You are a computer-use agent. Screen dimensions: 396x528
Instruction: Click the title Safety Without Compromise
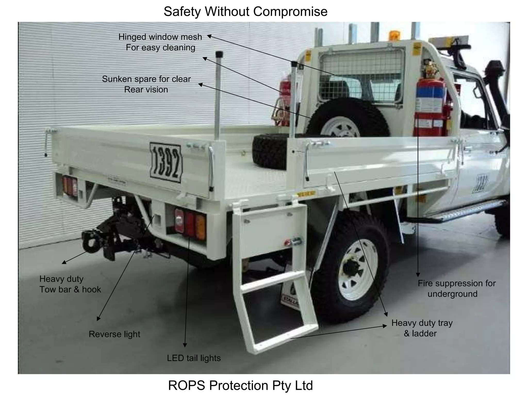pyautogui.click(x=245, y=12)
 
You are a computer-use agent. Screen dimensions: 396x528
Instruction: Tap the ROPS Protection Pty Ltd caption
pyautogui.click(x=240, y=385)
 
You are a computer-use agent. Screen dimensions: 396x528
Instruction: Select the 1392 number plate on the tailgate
pyautogui.click(x=166, y=162)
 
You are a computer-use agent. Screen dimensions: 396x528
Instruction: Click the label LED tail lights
pyautogui.click(x=194, y=358)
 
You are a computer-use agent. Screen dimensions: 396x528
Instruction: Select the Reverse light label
pyautogui.click(x=114, y=334)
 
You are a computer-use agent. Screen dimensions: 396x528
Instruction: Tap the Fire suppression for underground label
pyautogui.click(x=456, y=288)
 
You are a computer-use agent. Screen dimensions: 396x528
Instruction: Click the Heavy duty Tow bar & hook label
pyautogui.click(x=70, y=284)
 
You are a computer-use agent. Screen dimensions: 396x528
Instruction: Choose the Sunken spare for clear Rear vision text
pyautogui.click(x=146, y=84)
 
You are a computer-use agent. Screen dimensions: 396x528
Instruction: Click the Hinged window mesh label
pyautogui.click(x=160, y=42)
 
